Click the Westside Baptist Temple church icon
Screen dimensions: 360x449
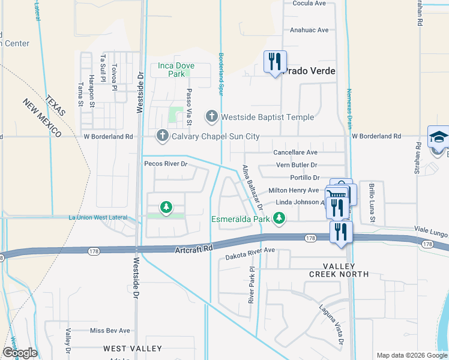(x=211, y=116)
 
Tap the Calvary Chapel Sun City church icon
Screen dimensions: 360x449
(x=162, y=136)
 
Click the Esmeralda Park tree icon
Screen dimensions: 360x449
(x=279, y=219)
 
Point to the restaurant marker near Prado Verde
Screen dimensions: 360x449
(x=275, y=62)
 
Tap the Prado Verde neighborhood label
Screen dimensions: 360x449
(x=309, y=71)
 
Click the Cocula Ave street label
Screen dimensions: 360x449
(x=309, y=3)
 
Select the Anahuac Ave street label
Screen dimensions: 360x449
(x=309, y=30)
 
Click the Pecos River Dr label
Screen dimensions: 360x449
(x=166, y=163)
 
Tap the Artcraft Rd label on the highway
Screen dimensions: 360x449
(x=194, y=248)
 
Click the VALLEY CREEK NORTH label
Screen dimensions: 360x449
(x=339, y=270)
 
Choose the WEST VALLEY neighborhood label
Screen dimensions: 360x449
(x=133, y=348)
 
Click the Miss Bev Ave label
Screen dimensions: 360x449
(x=110, y=331)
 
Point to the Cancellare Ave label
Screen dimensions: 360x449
(x=295, y=153)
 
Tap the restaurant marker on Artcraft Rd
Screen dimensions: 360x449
(x=341, y=232)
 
